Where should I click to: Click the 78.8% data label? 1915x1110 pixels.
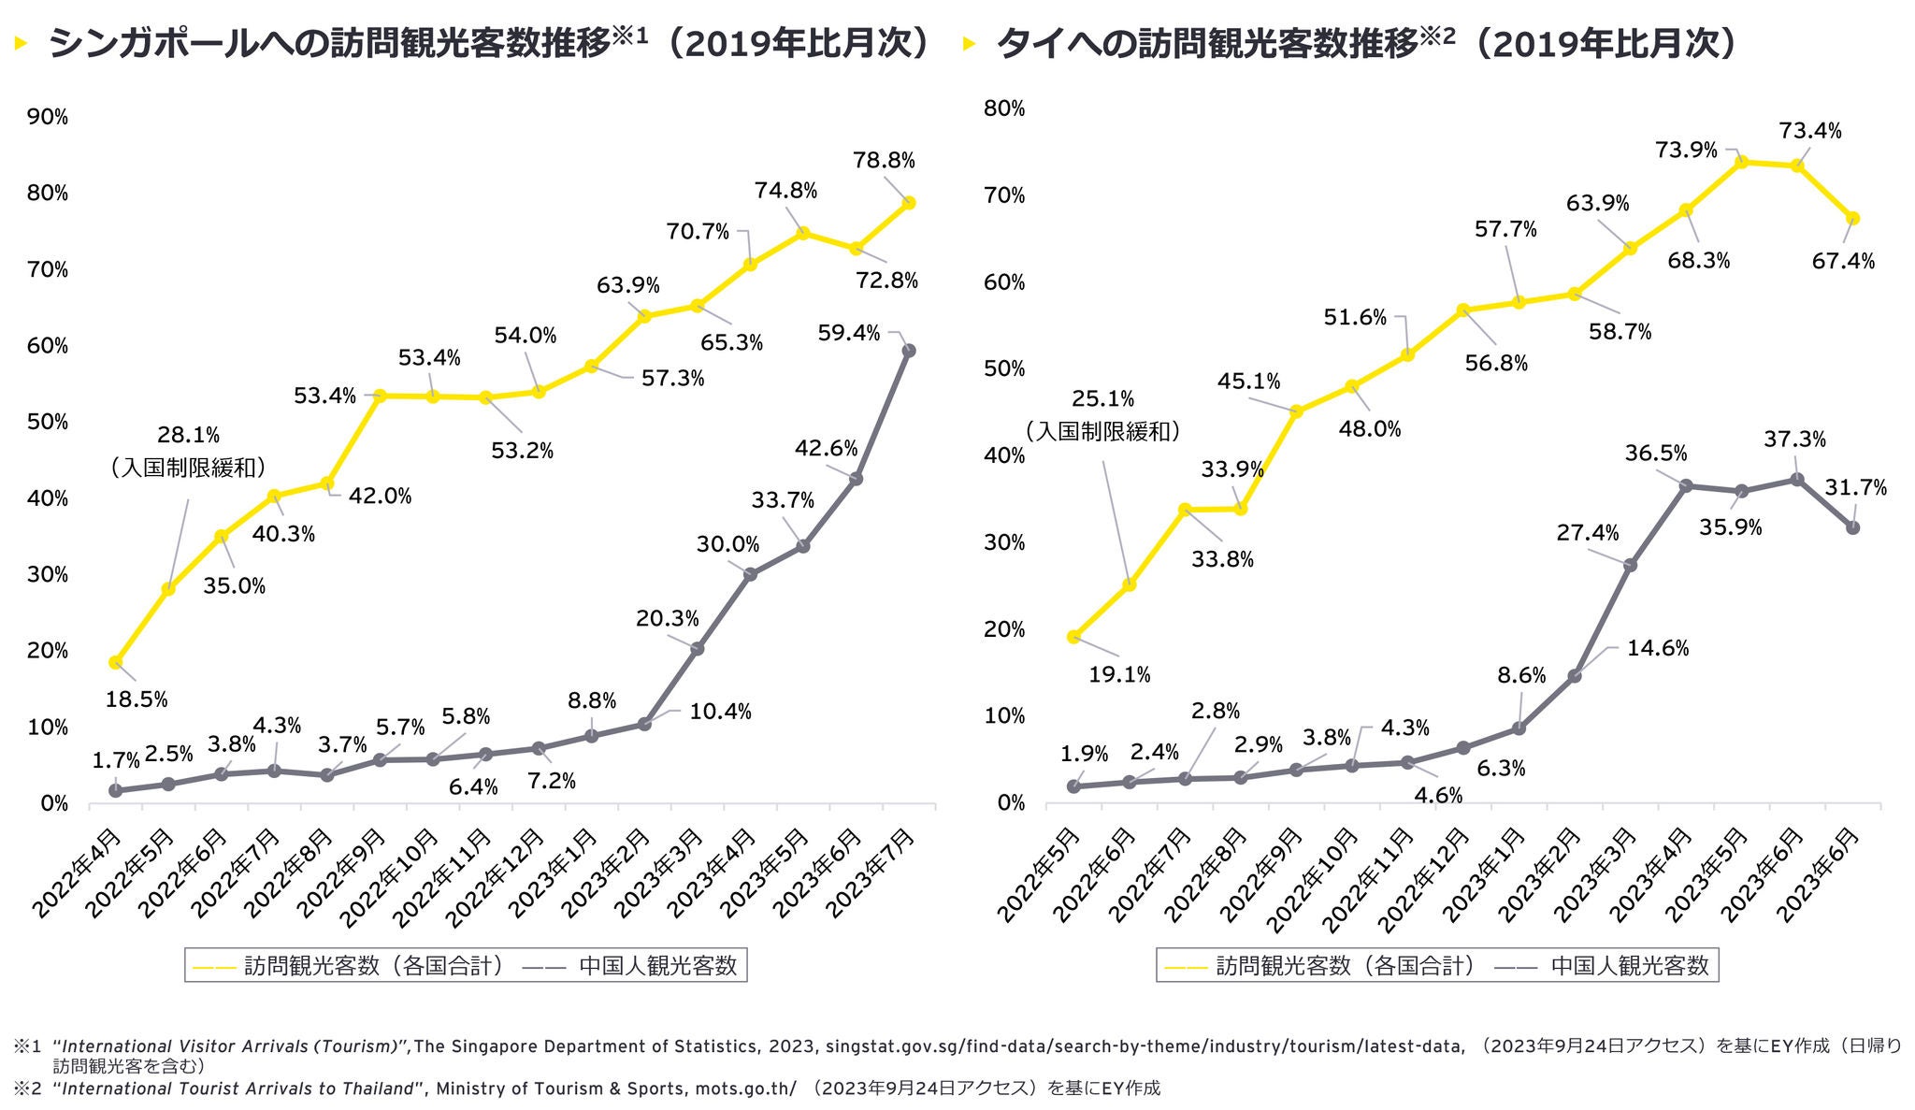[884, 161]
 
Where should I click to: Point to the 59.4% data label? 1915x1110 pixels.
[848, 332]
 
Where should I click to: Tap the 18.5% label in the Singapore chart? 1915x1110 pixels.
[137, 699]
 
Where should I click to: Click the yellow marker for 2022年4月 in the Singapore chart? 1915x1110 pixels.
[115, 662]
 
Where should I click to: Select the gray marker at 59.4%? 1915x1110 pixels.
[908, 351]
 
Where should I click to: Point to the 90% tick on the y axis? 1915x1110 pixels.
[49, 117]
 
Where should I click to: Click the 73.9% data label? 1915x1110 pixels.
[1686, 150]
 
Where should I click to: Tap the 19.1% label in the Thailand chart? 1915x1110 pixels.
[1119, 674]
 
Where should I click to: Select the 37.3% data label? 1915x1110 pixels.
[1794, 439]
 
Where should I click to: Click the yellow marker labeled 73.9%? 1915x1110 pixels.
[1741, 162]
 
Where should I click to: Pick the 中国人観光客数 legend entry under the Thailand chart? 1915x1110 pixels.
[1629, 965]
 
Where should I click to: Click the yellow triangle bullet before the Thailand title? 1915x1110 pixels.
[969, 44]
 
